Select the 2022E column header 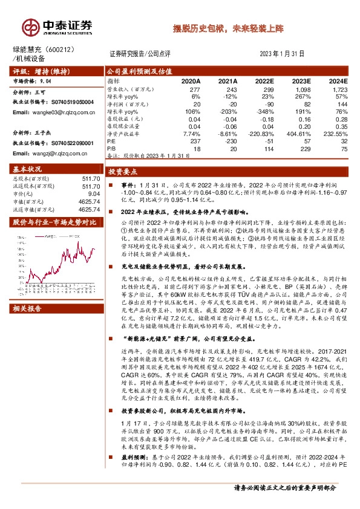(264, 80)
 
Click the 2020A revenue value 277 (192, 89)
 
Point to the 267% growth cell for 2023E (304, 96)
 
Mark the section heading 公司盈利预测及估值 (139, 71)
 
